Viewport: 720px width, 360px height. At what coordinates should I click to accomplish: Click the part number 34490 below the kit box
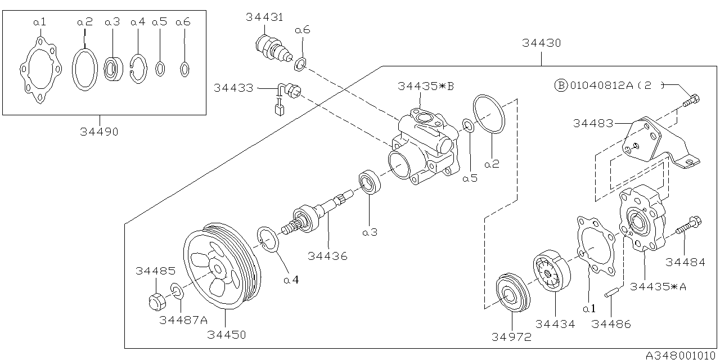[x=100, y=132]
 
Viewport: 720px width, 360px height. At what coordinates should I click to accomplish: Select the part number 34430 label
[x=541, y=43]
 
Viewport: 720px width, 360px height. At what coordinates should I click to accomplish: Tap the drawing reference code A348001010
[x=681, y=355]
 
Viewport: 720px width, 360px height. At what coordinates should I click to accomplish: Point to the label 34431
[x=264, y=17]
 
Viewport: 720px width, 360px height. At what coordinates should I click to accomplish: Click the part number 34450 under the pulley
[x=226, y=335]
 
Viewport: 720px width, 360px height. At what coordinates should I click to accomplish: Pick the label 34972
[x=511, y=337]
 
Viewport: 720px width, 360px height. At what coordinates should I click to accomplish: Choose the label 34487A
[x=183, y=320]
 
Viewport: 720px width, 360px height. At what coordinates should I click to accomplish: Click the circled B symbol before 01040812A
[x=561, y=85]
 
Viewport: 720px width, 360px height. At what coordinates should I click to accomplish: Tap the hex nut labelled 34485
[x=157, y=302]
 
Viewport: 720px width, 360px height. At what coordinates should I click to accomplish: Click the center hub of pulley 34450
[x=218, y=269]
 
